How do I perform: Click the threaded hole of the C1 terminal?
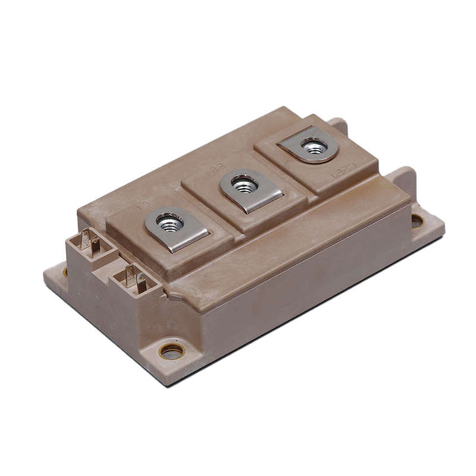click(x=170, y=224)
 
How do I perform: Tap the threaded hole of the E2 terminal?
click(x=244, y=186)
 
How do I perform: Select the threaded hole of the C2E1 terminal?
click(x=313, y=145)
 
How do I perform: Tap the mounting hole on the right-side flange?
click(x=417, y=221)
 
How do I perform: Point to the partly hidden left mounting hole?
click(x=65, y=271)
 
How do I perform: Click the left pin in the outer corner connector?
click(x=86, y=242)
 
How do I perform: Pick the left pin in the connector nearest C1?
click(x=129, y=275)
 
